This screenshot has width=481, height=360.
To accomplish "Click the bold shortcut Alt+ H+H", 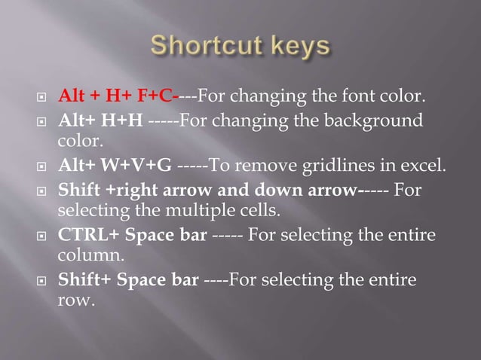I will [101, 121].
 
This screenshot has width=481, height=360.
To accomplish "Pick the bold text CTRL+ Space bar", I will [133, 236].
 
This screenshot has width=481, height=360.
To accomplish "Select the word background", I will [371, 121].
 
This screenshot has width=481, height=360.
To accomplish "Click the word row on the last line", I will [74, 301].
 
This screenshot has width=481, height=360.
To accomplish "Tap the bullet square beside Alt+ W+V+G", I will [42, 167].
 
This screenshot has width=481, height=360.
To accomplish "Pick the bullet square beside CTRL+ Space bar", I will [42, 236].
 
